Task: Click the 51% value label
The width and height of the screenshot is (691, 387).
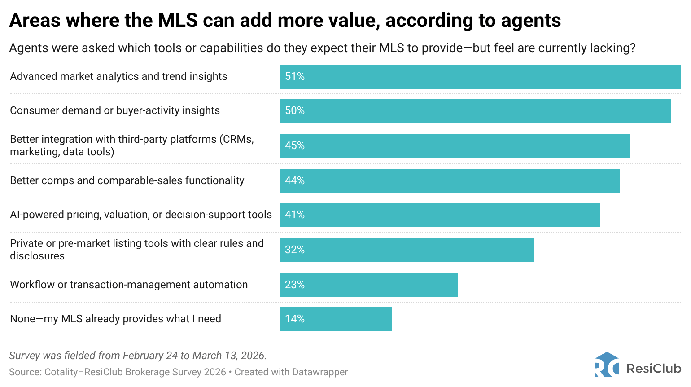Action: (x=295, y=77)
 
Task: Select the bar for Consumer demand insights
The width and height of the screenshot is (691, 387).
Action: (x=475, y=111)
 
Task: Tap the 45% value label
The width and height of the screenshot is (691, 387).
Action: (x=295, y=146)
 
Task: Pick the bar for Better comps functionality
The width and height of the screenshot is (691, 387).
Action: (x=450, y=181)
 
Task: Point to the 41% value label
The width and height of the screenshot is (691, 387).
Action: (x=295, y=215)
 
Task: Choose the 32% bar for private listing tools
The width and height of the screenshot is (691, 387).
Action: (x=407, y=250)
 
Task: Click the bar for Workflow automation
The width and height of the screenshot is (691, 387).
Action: (x=368, y=285)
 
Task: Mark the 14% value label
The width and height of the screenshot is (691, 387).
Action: (x=295, y=319)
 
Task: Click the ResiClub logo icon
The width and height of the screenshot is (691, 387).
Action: (x=607, y=365)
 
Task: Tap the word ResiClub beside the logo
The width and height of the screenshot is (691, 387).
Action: (x=654, y=369)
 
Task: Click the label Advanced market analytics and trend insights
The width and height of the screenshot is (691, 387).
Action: (x=118, y=77)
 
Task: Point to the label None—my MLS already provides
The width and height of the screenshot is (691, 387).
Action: (x=115, y=319)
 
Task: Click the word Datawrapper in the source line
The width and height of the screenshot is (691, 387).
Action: (x=320, y=372)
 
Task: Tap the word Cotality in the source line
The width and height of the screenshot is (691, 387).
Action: (x=61, y=372)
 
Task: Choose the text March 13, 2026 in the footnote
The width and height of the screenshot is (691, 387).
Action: (x=229, y=356)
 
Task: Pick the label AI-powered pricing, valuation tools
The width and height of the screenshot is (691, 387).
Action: (x=141, y=215)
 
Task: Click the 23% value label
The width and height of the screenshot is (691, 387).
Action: (x=295, y=285)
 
